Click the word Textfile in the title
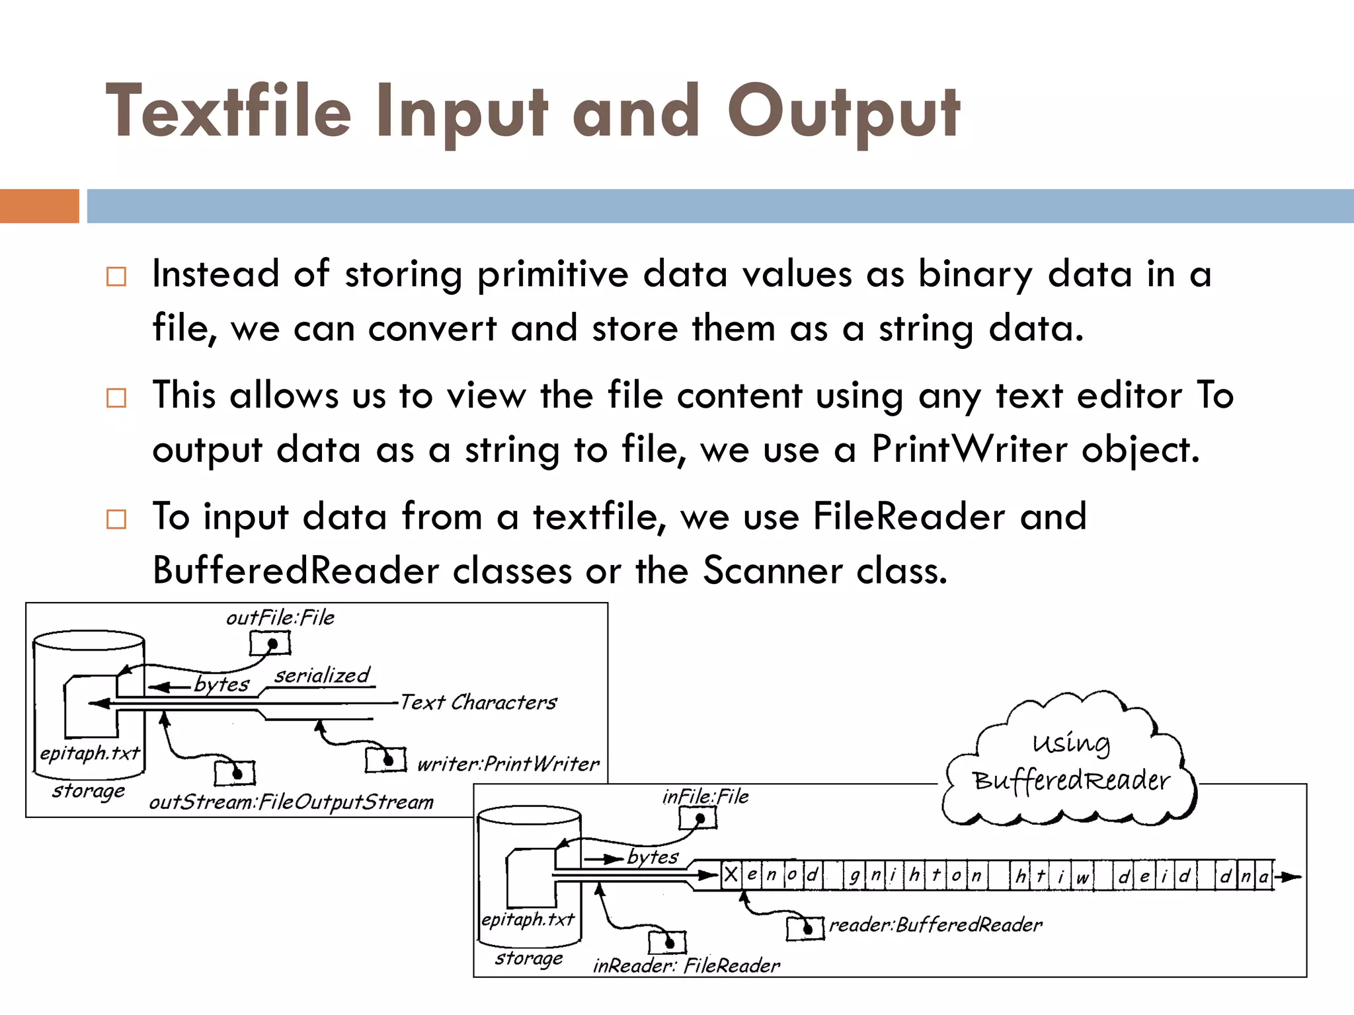(x=228, y=112)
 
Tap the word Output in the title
(x=844, y=112)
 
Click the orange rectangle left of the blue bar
(x=39, y=206)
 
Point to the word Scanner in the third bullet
(x=772, y=570)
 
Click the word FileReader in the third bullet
(x=909, y=516)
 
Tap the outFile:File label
(x=280, y=618)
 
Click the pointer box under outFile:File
(x=270, y=643)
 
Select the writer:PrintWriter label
(x=508, y=765)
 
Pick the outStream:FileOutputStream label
(x=291, y=802)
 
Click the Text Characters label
(x=479, y=702)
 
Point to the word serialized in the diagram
(x=322, y=675)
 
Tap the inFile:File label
(x=705, y=797)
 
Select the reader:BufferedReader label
(x=936, y=924)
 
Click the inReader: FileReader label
(x=686, y=966)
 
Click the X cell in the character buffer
(x=731, y=876)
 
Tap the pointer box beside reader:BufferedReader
(x=805, y=928)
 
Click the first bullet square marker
(x=116, y=276)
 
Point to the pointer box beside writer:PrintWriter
(x=385, y=760)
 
